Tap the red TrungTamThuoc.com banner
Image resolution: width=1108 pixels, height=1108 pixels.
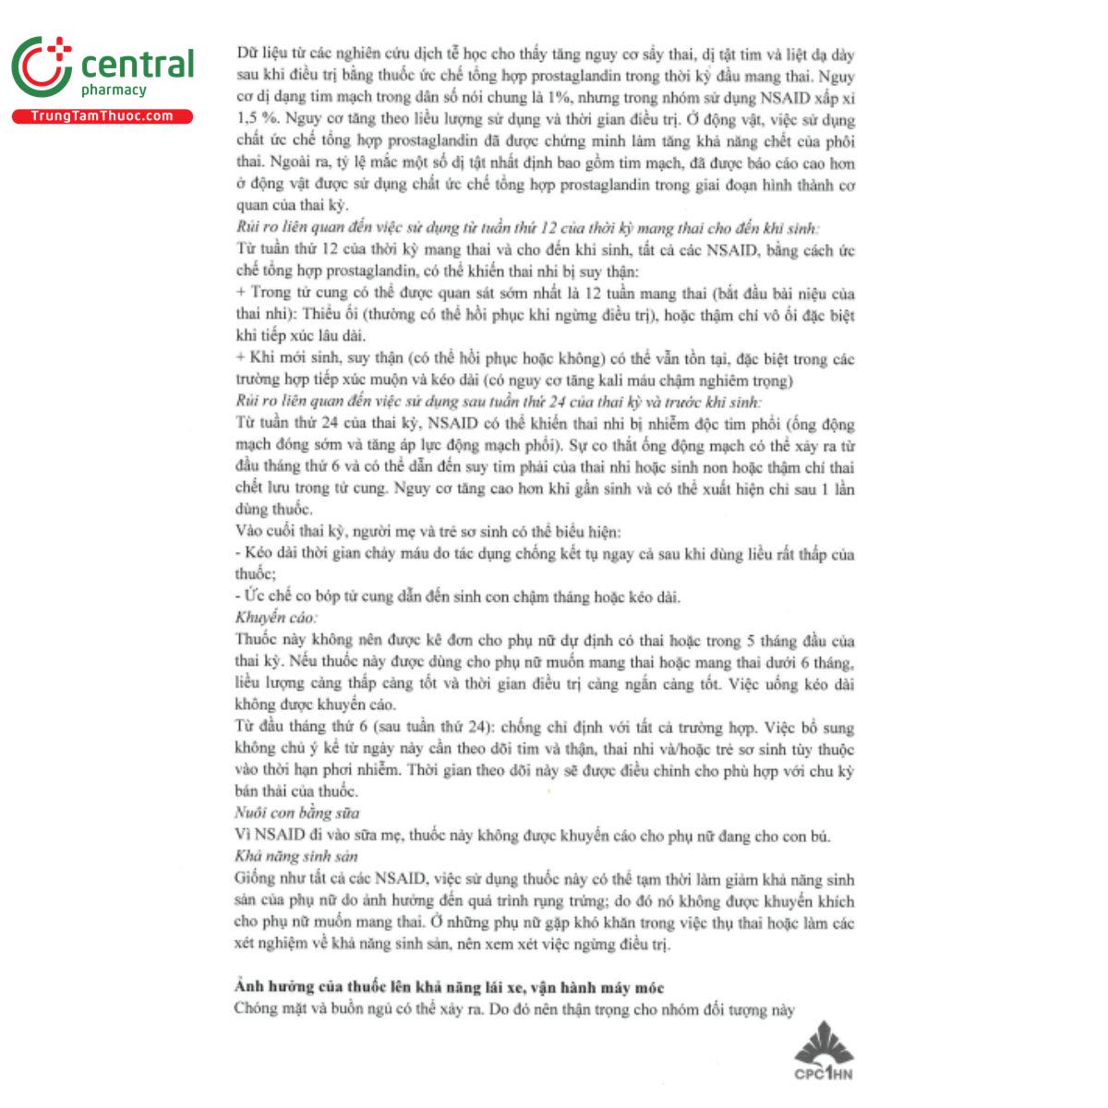(102, 116)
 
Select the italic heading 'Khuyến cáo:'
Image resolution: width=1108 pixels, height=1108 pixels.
(276, 618)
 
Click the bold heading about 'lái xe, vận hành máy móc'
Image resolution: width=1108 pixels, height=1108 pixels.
(449, 987)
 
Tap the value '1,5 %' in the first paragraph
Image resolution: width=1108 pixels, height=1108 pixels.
(256, 120)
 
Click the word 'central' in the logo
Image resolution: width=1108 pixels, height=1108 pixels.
(138, 65)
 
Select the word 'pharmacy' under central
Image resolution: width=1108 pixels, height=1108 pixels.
(114, 90)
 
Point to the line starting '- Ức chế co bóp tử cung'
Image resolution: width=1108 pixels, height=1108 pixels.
(457, 596)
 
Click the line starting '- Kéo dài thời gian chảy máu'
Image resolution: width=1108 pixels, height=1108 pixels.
(544, 554)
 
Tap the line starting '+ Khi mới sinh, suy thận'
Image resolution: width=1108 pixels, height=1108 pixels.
(544, 359)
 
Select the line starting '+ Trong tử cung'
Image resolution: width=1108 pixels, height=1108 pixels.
(544, 294)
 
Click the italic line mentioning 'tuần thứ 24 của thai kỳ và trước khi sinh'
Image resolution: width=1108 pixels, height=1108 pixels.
(499, 402)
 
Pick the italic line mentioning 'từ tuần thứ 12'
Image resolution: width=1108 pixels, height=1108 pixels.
(527, 227)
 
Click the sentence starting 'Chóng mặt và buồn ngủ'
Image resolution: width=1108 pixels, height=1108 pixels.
(514, 1009)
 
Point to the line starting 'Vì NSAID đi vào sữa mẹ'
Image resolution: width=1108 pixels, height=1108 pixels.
(533, 836)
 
